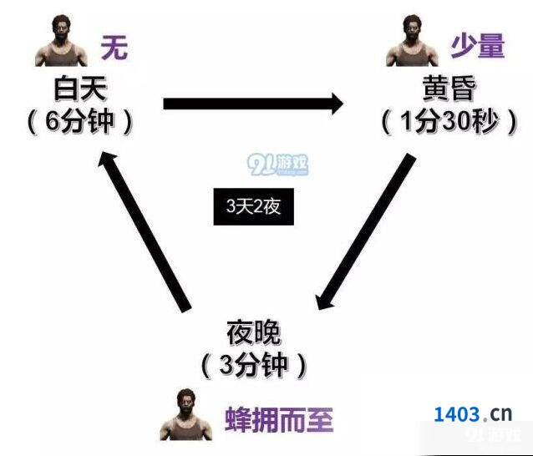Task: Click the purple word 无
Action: tap(114, 48)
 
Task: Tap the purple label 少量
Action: tap(478, 47)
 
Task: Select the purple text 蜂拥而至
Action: tap(279, 419)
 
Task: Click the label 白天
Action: tap(81, 89)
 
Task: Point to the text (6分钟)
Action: tap(80, 122)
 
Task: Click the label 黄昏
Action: tap(449, 89)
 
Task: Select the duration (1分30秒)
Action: tap(449, 122)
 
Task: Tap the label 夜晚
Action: tap(254, 332)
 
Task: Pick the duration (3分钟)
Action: tap(254, 366)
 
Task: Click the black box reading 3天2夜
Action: tap(254, 206)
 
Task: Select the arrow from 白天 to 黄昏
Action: tap(254, 104)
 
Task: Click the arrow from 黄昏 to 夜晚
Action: tap(365, 231)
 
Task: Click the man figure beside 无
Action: tap(61, 41)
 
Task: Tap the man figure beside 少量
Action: tap(413, 41)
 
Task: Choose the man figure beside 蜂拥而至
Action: tap(186, 414)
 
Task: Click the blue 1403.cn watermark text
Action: tap(473, 414)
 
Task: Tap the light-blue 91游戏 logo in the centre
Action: tap(277, 165)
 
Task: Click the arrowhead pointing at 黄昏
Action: tap(338, 104)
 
